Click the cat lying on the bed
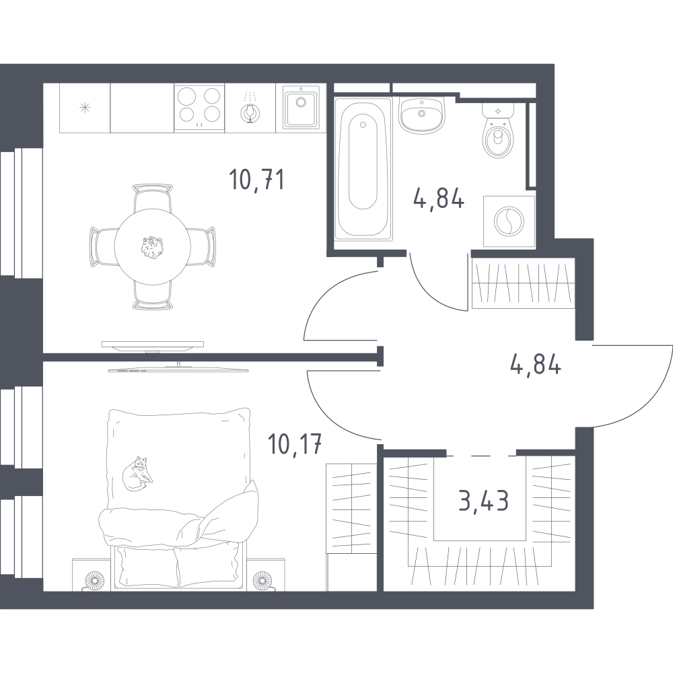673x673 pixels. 137,473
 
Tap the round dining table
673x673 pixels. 152,246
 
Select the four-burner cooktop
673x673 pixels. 200,108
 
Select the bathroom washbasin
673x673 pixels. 422,115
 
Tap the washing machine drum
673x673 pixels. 509,221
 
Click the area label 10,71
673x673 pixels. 256,180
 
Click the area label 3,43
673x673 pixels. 484,501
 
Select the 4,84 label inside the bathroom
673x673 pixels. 439,199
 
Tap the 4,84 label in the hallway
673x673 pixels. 536,366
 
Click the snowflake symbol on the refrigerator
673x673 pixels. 85,108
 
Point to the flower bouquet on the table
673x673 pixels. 151,248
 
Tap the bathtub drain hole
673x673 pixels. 363,125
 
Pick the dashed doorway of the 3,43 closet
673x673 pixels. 481,455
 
